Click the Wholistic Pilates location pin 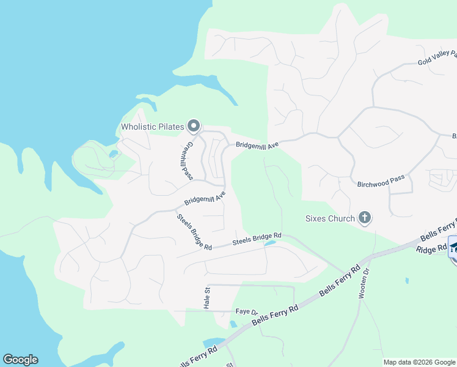pyautogui.click(x=194, y=126)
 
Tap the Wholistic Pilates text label pyautogui.click(x=152, y=127)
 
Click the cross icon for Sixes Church pyautogui.click(x=365, y=218)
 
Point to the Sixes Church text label pyautogui.click(x=330, y=218)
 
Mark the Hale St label pyautogui.click(x=207, y=298)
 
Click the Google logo pyautogui.click(x=20, y=360)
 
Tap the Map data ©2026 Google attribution pyautogui.click(x=419, y=362)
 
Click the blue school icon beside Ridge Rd pyautogui.click(x=453, y=248)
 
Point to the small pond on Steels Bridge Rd pyautogui.click(x=269, y=243)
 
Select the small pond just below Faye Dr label pyautogui.click(x=233, y=324)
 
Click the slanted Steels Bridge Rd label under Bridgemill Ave pyautogui.click(x=194, y=232)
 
